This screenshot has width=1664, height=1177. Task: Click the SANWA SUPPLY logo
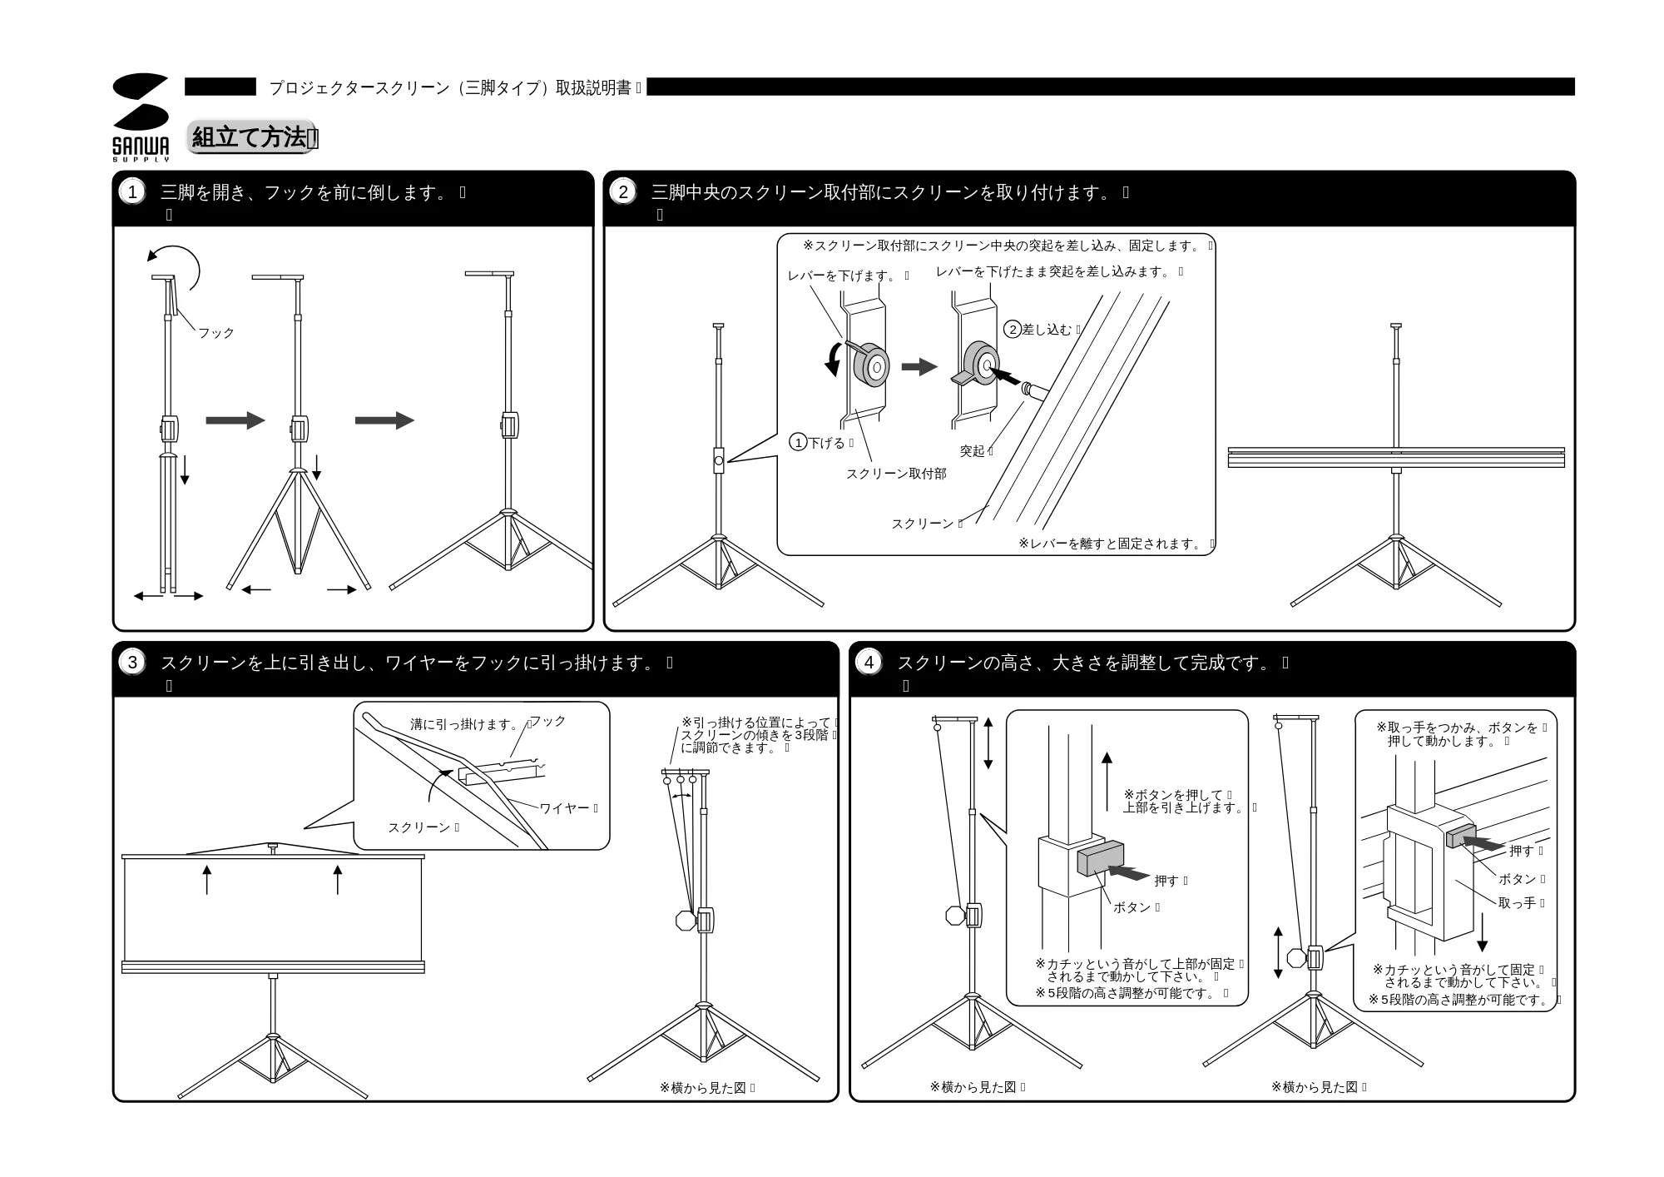(141, 117)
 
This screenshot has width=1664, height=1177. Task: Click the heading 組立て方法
(249, 137)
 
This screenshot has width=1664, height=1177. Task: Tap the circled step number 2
(623, 192)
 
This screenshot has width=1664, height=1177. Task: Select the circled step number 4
(869, 663)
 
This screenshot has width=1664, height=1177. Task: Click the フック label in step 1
(216, 333)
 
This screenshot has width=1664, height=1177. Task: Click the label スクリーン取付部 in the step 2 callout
(896, 474)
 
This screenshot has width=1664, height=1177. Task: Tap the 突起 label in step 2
(973, 451)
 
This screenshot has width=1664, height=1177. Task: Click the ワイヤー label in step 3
(565, 808)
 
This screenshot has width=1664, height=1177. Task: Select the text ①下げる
(817, 443)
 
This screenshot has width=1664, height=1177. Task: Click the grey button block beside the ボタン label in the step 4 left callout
(1101, 859)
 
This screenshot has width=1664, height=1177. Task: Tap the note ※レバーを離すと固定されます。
(1111, 544)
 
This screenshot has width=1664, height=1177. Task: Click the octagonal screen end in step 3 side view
(686, 921)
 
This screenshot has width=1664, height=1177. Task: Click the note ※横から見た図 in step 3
(703, 1087)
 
